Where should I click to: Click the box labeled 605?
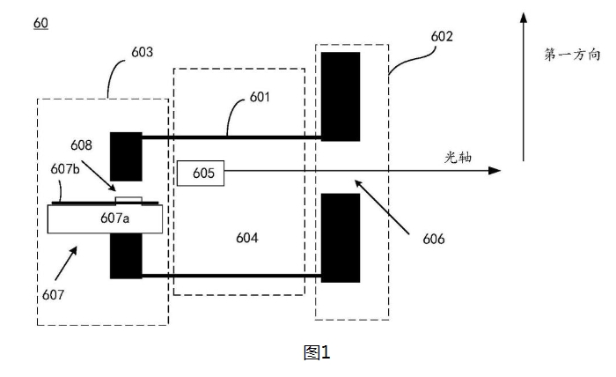201,173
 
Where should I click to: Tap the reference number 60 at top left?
40,22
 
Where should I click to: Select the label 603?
142,52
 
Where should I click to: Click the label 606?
433,239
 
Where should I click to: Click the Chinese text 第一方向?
572,55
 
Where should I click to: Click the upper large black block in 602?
340,96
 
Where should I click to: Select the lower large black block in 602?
340,237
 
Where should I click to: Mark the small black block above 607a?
125,156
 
